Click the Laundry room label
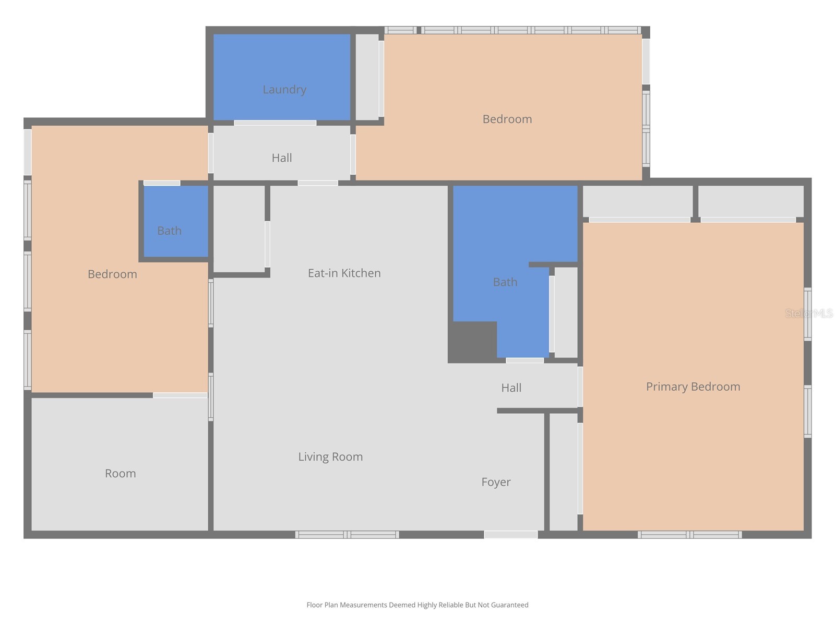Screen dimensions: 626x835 click(284, 90)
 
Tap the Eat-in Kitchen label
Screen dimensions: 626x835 click(344, 273)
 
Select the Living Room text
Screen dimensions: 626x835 click(330, 457)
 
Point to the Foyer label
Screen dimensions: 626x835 click(496, 482)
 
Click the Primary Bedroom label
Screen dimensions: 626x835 click(693, 387)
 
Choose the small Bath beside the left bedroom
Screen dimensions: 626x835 click(170, 231)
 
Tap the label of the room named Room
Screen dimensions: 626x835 click(120, 474)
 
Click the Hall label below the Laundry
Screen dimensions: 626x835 click(281, 158)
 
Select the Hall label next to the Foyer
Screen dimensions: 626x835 click(511, 388)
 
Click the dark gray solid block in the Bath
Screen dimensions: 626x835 click(472, 341)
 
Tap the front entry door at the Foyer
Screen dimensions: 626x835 click(510, 535)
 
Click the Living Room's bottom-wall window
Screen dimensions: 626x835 click(347, 535)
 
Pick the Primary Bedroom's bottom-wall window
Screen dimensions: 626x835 click(689, 535)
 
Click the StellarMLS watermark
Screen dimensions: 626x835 click(808, 314)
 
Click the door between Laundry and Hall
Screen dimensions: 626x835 click(275, 123)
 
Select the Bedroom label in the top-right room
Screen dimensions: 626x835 click(507, 119)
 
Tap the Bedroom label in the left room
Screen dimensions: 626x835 click(112, 274)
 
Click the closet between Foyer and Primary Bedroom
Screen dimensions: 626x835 click(564, 471)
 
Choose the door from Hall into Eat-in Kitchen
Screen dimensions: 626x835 click(318, 183)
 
